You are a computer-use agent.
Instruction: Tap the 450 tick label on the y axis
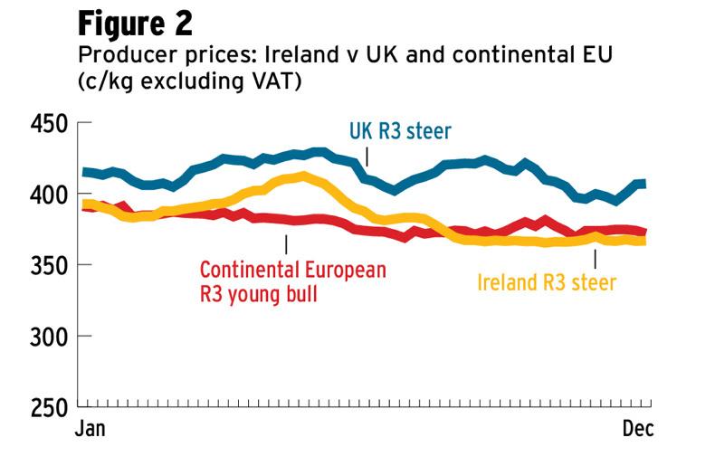[46, 124]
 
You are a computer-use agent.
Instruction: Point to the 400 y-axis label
[46, 195]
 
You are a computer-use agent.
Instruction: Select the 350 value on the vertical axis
[46, 265]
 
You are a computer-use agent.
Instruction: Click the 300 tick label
[46, 337]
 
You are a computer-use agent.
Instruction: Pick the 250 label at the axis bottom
[46, 407]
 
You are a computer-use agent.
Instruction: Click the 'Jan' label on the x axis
[89, 429]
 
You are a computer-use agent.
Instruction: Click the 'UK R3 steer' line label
[400, 133]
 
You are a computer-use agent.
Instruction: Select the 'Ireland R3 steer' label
[547, 282]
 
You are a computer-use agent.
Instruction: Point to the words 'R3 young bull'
[259, 293]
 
